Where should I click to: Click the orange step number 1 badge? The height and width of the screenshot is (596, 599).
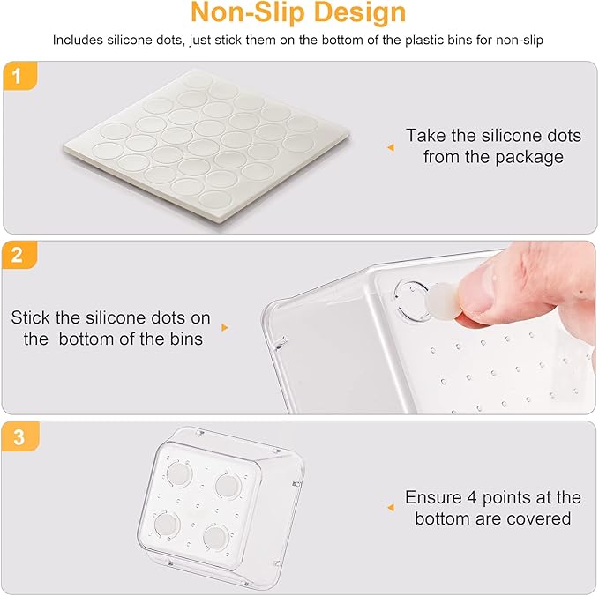pyautogui.click(x=20, y=76)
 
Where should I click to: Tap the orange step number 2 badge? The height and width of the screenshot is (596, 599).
pyautogui.click(x=19, y=255)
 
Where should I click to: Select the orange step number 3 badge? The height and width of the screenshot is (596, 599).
pyautogui.click(x=20, y=436)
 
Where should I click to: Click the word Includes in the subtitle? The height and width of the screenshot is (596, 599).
pyautogui.click(x=78, y=40)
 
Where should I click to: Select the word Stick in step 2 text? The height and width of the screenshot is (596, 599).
pyautogui.click(x=30, y=317)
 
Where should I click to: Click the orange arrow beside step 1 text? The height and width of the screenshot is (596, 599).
pyautogui.click(x=391, y=147)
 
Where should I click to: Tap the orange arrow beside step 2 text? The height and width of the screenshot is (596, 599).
pyautogui.click(x=225, y=328)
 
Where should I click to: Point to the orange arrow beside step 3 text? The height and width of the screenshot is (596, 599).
pyautogui.click(x=391, y=508)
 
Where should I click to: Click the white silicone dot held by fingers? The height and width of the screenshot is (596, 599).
pyautogui.click(x=442, y=301)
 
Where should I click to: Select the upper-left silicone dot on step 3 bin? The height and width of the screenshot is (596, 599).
pyautogui.click(x=179, y=473)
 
